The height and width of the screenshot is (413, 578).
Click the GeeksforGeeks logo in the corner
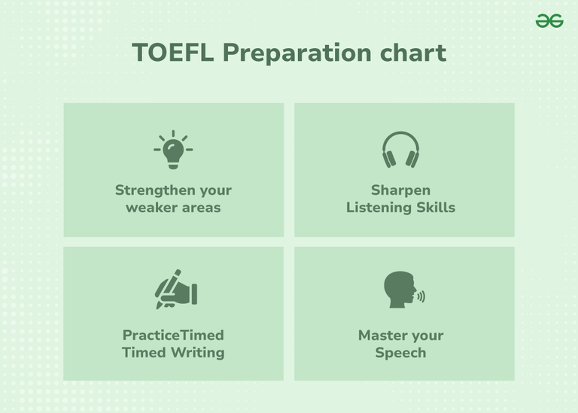point(549,21)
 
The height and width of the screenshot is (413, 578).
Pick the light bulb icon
point(173,150)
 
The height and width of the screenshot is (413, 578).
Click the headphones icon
point(400,150)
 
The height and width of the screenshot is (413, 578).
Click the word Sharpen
point(400,190)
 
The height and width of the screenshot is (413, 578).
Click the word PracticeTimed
point(173,336)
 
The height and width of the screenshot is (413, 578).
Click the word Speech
point(400,353)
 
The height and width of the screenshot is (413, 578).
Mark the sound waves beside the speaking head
point(421,296)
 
